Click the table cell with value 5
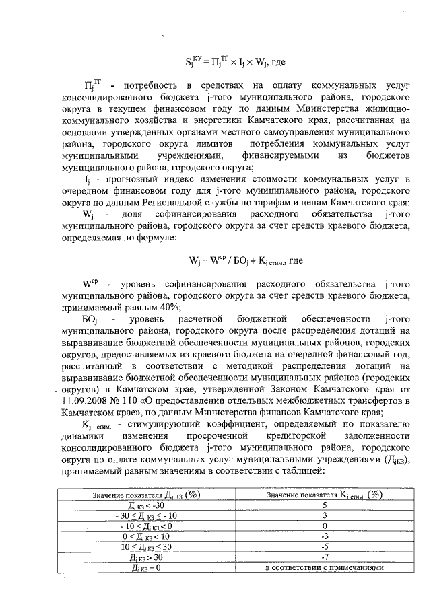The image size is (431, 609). (325, 505)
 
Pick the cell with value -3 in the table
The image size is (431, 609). (325, 536)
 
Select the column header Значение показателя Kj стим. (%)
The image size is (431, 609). (325, 494)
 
